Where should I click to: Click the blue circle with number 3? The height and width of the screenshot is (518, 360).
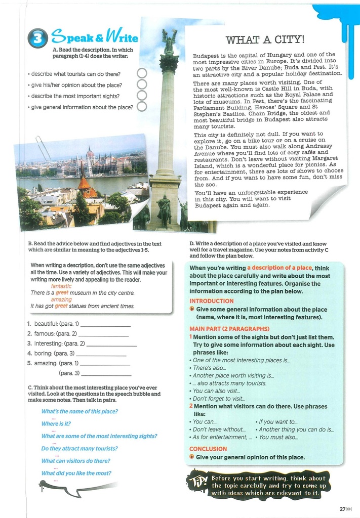click(37, 38)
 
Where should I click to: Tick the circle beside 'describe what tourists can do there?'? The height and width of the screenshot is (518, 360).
click(142, 74)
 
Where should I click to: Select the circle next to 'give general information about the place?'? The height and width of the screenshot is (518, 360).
click(142, 106)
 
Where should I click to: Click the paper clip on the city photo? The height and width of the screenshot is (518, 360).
click(43, 148)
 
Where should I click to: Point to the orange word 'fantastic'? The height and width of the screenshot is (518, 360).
click(61, 286)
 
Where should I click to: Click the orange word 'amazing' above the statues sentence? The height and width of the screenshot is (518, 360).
click(61, 299)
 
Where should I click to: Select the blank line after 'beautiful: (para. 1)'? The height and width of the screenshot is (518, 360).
click(105, 325)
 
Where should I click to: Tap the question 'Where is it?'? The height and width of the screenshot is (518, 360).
click(56, 424)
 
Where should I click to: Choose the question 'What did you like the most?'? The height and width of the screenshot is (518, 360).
click(76, 473)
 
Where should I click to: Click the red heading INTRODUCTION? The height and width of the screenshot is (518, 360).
click(211, 301)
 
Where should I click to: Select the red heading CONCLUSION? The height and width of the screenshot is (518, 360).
click(208, 449)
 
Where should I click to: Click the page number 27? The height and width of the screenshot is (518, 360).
click(342, 509)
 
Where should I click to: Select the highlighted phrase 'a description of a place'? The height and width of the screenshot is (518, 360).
click(279, 268)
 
